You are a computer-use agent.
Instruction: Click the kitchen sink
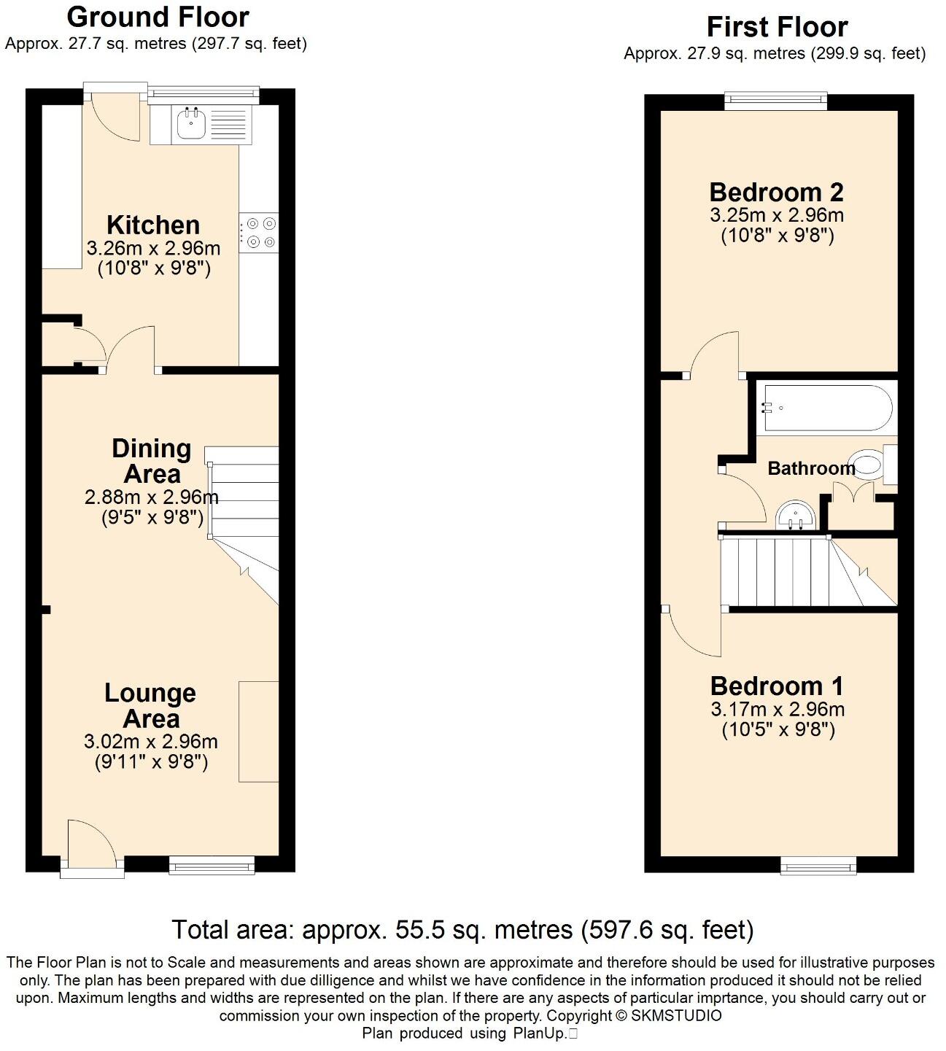click(x=192, y=124)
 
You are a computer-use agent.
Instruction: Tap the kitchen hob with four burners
click(x=259, y=233)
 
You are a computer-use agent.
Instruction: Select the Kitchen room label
click(x=153, y=225)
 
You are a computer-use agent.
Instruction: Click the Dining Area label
click(x=152, y=461)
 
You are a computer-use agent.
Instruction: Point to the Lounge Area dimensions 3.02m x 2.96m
click(x=151, y=742)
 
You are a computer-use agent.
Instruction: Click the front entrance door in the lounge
click(x=91, y=846)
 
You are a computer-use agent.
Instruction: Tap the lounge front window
click(x=212, y=866)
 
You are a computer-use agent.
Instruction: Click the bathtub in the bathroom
click(x=826, y=408)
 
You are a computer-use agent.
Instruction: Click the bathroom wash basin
click(x=796, y=515)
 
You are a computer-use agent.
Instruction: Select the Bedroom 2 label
click(x=776, y=193)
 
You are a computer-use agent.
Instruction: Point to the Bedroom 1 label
click(x=777, y=686)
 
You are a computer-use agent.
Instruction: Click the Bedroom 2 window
click(x=776, y=101)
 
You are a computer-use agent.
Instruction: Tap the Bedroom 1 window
click(x=818, y=866)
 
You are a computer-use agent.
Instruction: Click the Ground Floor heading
click(x=158, y=16)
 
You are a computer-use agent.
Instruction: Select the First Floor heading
click(x=777, y=27)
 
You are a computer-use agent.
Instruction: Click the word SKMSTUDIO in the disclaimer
click(x=676, y=1015)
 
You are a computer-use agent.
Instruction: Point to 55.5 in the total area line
click(x=419, y=930)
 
